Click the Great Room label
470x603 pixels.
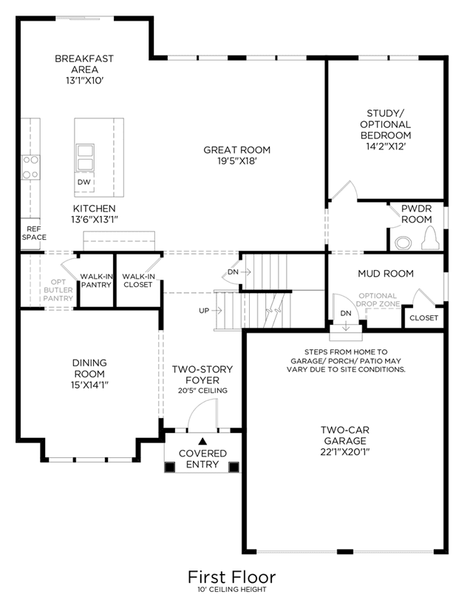pos(237,150)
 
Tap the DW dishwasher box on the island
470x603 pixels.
pos(84,182)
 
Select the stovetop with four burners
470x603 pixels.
pos(31,167)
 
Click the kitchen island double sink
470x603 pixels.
pos(85,158)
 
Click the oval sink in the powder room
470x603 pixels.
pos(403,243)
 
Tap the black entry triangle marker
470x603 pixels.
pos(202,441)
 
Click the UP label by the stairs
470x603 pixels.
pos(204,310)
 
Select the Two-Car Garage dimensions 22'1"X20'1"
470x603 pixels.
pos(345,452)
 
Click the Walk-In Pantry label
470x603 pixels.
pos(96,280)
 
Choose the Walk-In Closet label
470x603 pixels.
pos(138,280)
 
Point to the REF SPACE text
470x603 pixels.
pos(34,233)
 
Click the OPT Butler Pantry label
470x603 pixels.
pos(58,290)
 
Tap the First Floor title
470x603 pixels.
pos(232,577)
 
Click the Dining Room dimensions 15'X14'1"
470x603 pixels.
pos(89,385)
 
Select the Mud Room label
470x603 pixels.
pos(386,274)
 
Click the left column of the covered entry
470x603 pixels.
pos(170,467)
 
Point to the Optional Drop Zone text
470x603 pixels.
pos(378,300)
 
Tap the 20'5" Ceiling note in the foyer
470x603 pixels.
pos(202,391)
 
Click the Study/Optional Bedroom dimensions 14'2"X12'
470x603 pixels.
pos(386,146)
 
